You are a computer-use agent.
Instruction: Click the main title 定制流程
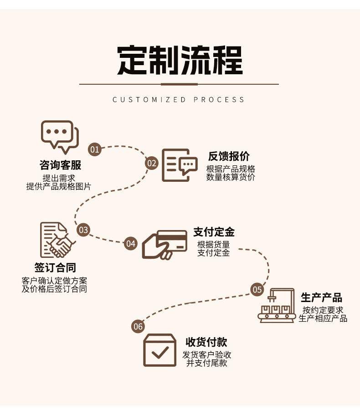(x=180, y=61)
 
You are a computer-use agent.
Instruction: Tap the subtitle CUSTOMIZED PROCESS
(x=179, y=100)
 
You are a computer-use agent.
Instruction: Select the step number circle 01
(x=94, y=149)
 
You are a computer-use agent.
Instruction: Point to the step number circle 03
(x=83, y=230)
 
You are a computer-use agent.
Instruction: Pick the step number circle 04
(x=131, y=243)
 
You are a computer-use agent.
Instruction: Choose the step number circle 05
(x=257, y=289)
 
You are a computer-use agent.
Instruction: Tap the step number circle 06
(x=138, y=326)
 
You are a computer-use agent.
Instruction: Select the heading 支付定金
(x=214, y=232)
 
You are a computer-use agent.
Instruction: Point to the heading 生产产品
(x=321, y=298)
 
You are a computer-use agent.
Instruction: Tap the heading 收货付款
(x=206, y=343)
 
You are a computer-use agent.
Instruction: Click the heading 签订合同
(x=55, y=267)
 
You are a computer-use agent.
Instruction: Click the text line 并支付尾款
(x=206, y=363)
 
